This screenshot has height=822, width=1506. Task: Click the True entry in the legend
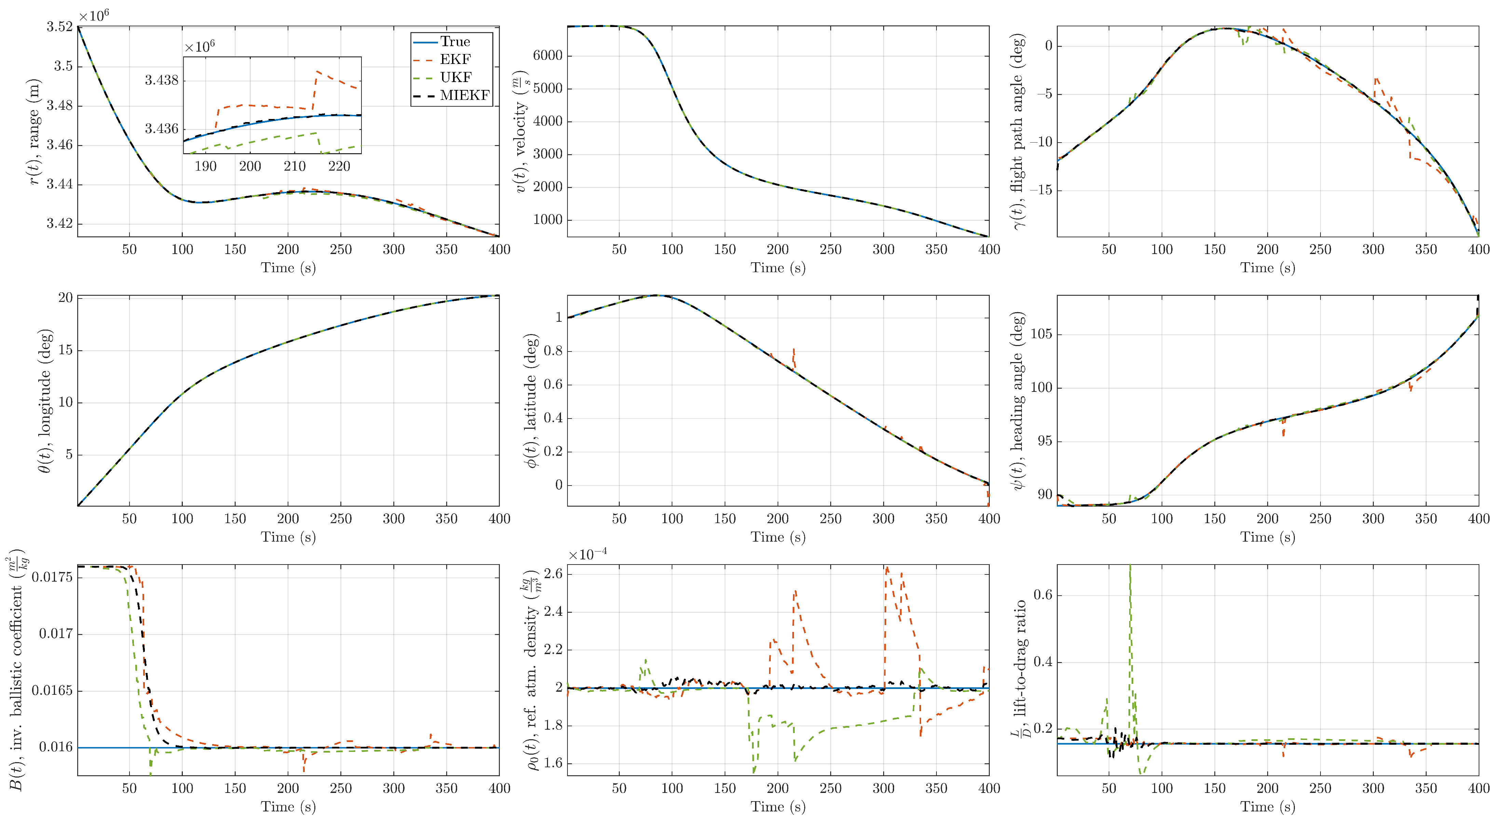point(454,41)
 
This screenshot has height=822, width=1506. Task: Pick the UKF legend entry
point(455,77)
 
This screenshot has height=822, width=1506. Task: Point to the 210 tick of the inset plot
point(295,166)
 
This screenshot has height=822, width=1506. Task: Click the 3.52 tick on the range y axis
point(60,27)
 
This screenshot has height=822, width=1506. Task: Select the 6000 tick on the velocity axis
point(547,56)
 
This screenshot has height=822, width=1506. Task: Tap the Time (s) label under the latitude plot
point(778,537)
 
